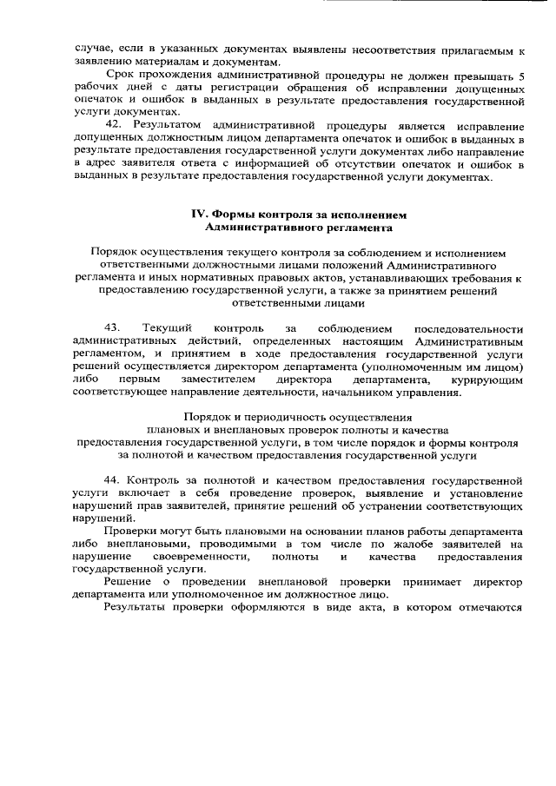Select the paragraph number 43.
pyautogui.click(x=111, y=327)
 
